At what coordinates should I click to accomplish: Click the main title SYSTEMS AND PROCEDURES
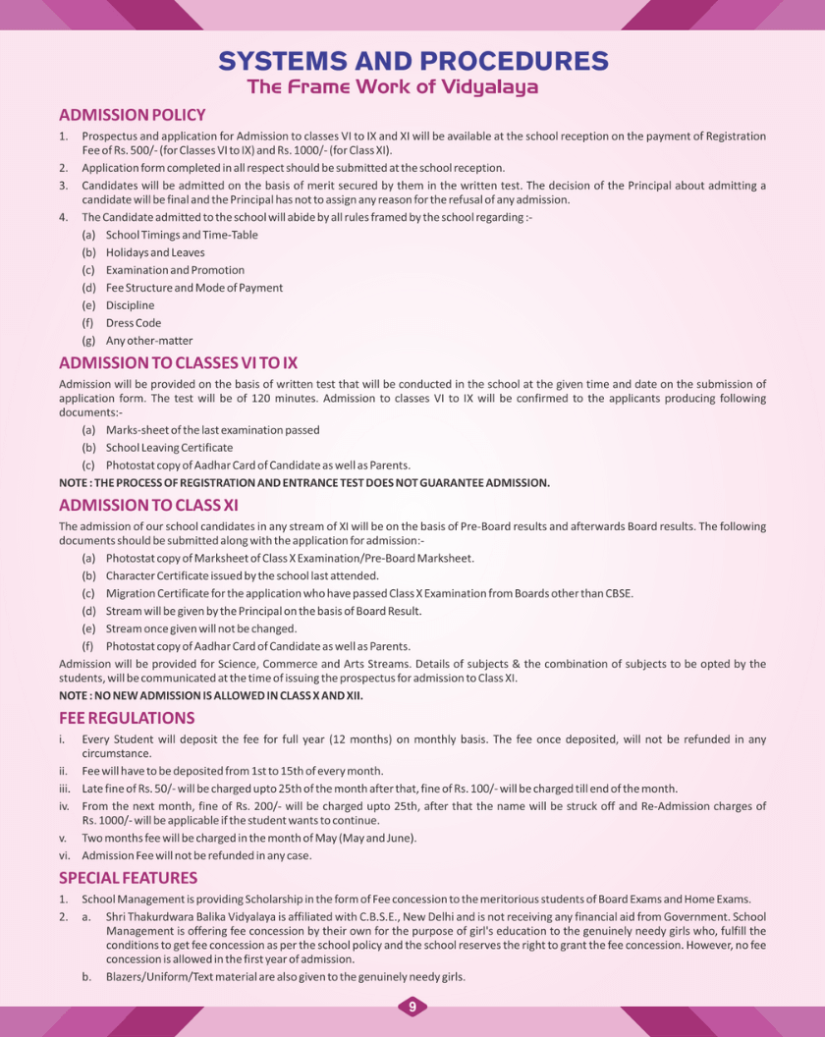[x=412, y=61]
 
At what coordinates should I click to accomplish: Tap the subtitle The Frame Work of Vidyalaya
[x=393, y=86]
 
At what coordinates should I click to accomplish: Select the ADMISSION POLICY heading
[x=133, y=115]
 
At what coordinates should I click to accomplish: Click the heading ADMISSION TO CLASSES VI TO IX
[x=178, y=363]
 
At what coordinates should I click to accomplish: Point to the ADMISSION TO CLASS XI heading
[x=148, y=506]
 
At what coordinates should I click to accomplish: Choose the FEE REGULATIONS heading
[x=127, y=718]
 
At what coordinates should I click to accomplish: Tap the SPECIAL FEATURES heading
[x=128, y=878]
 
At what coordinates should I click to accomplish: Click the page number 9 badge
[x=412, y=1007]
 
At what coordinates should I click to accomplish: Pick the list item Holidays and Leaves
[x=155, y=252]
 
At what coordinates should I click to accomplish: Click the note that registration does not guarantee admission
[x=304, y=483]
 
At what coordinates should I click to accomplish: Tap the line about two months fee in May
[x=249, y=838]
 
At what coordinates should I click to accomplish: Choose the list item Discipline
[x=130, y=305]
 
